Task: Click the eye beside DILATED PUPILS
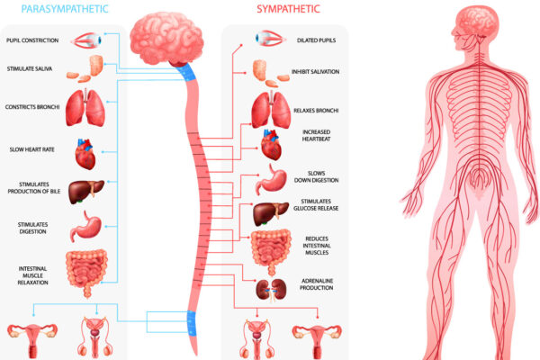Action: [268, 39]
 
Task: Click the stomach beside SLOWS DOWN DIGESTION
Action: [271, 179]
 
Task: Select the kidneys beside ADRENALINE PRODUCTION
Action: [269, 289]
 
